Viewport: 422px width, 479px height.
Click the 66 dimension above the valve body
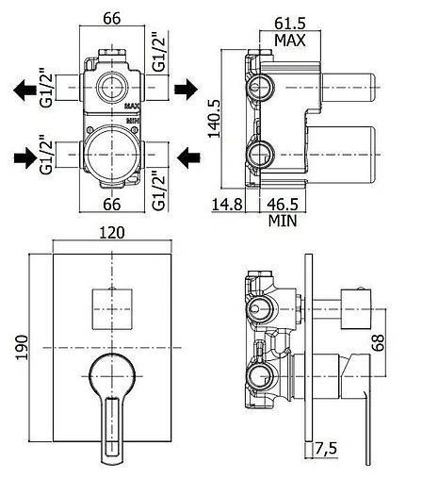click(x=112, y=17)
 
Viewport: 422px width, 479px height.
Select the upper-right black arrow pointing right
click(x=187, y=90)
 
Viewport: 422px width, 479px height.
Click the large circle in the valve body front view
click(x=112, y=152)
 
